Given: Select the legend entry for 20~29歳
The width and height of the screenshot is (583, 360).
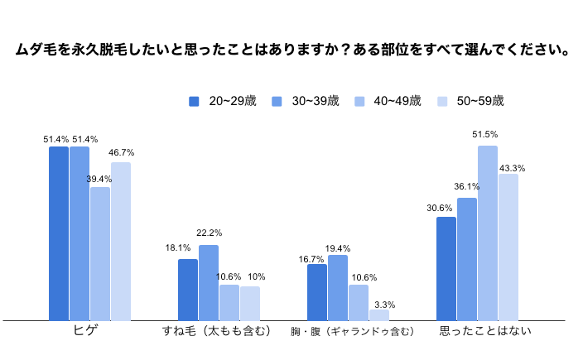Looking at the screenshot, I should click(223, 101).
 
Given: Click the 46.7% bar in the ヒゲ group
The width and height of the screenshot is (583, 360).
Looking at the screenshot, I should click(121, 241).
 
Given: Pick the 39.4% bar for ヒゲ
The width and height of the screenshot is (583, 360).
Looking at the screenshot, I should click(100, 253).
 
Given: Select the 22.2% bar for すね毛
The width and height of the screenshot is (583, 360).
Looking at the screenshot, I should click(209, 282).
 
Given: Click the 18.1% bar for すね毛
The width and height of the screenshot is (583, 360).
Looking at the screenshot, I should click(188, 290).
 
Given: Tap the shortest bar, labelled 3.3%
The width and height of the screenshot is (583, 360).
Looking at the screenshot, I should click(379, 314).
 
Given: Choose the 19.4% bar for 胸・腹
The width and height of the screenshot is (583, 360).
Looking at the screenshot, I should click(338, 287).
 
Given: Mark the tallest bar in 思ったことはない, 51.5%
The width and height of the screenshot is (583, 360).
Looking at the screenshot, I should click(488, 233).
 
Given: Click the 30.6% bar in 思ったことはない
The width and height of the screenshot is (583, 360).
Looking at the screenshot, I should click(446, 268).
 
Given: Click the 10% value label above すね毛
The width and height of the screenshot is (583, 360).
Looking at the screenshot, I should click(256, 276).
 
